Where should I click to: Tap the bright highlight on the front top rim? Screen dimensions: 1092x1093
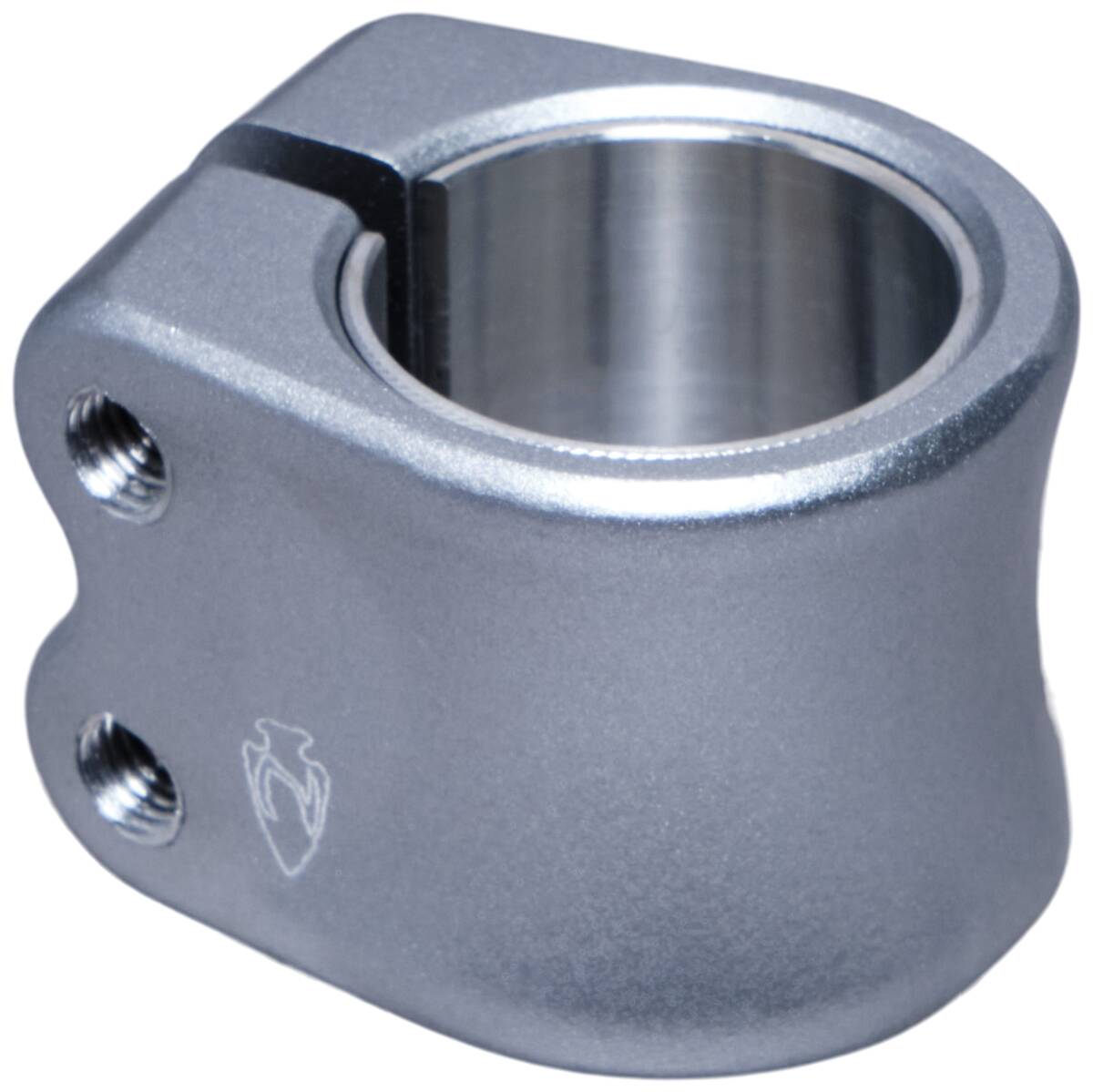638,483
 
